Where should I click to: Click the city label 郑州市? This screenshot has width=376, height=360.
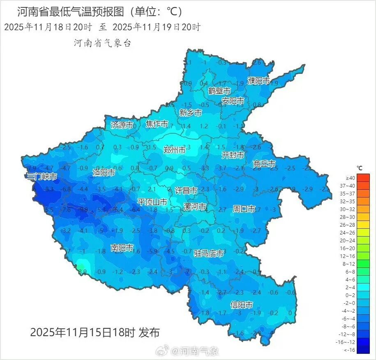click(174, 150)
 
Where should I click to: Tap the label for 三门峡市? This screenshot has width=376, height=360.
click(42, 177)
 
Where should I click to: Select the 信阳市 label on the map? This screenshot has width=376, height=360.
click(241, 305)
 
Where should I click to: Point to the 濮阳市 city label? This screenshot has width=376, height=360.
click(259, 81)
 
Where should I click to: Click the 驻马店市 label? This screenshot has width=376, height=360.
click(209, 253)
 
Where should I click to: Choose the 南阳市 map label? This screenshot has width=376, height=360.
click(122, 248)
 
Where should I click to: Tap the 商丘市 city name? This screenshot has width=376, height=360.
click(264, 164)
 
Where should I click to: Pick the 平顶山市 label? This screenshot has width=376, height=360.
click(152, 202)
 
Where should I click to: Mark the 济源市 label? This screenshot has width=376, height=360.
click(122, 125)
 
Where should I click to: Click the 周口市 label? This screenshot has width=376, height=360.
click(244, 209)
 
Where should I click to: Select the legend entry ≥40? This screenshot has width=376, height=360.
click(350, 178)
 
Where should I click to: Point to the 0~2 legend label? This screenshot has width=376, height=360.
click(350, 295)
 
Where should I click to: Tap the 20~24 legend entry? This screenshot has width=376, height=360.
click(350, 240)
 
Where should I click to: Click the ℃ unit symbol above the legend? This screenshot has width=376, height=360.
click(359, 168)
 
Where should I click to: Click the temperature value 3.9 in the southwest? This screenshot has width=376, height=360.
click(82, 271)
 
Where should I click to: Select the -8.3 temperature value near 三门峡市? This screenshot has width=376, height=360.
click(49, 189)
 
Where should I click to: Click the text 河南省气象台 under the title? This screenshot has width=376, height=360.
click(102, 43)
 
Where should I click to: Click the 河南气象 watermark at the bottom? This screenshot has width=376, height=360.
click(195, 351)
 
